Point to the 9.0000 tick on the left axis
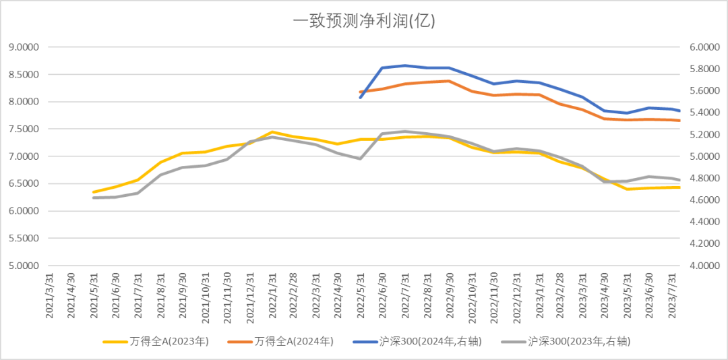(x=23, y=47)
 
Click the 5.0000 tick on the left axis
(x=23, y=266)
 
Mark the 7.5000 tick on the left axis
(x=23, y=129)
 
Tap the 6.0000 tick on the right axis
(x=704, y=47)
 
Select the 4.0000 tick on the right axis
(x=704, y=266)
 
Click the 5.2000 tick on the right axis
(x=704, y=135)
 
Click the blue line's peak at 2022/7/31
(x=405, y=65)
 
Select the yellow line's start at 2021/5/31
(x=94, y=192)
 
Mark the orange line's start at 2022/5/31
(x=361, y=92)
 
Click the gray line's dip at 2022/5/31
(x=361, y=158)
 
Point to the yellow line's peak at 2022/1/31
(x=272, y=132)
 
